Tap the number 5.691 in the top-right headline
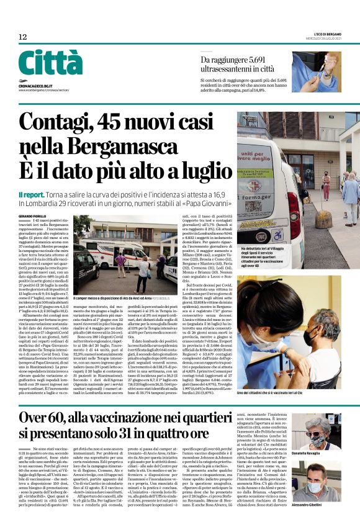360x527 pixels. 258,60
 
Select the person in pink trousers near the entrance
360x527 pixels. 326,186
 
